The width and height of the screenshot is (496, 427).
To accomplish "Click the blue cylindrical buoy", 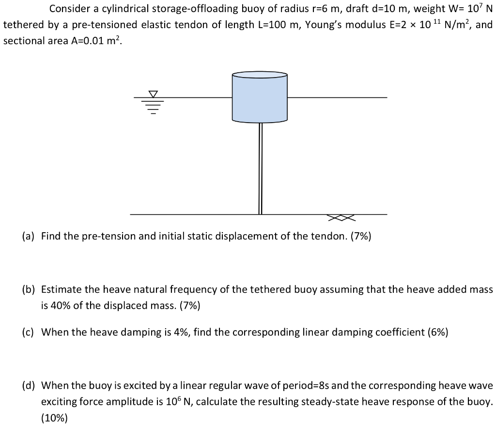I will (260, 99).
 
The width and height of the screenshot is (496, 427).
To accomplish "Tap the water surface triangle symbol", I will (153, 94).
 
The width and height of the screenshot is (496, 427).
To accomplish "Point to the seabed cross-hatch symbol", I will (341, 218).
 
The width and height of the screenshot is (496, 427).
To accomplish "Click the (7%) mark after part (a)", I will (359, 237).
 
